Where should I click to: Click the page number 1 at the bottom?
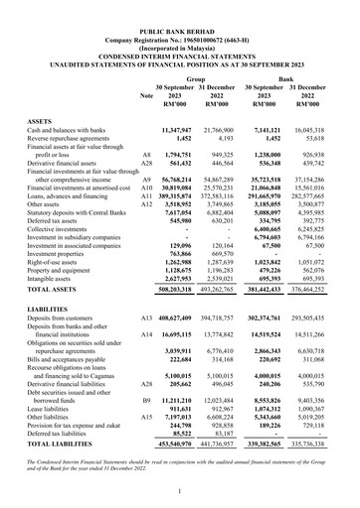click(x=180, y=491)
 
